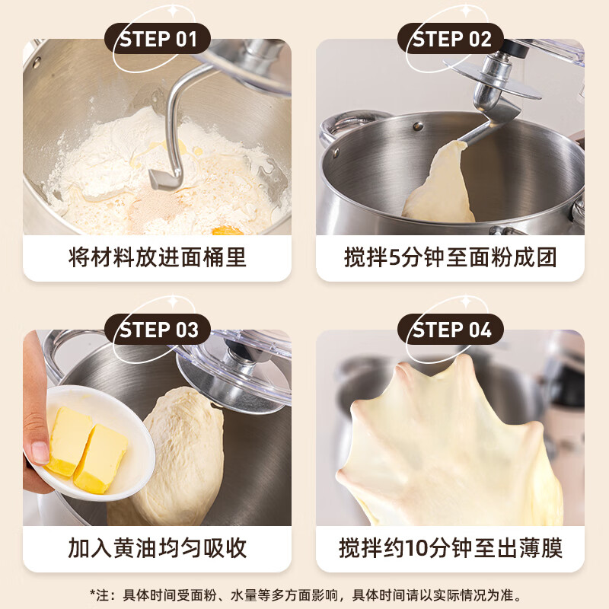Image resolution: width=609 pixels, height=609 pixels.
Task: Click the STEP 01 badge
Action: coord(158,39)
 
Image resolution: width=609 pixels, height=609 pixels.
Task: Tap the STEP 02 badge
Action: coord(451,39)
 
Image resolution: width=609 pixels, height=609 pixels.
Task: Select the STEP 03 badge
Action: coord(158,330)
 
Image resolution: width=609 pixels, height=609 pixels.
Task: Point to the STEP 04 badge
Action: coord(451,330)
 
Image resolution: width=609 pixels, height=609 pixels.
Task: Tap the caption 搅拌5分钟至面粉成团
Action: coord(451,257)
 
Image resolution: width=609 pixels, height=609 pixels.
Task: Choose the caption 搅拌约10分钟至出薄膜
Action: coord(451,548)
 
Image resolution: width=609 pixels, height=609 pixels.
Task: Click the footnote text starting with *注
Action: coord(304,595)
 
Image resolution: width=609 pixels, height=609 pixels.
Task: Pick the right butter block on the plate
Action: coord(101,458)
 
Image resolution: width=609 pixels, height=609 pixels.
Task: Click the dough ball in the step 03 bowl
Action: coord(183,457)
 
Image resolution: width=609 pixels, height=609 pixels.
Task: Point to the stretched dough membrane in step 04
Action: coord(449,434)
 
